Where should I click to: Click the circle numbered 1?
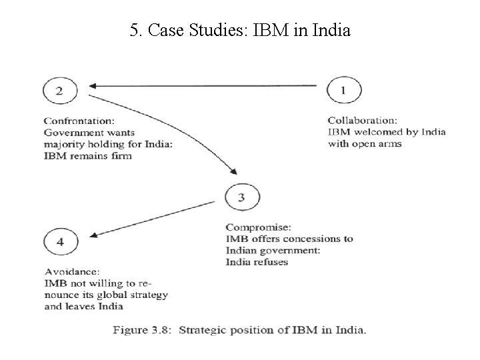(344, 91)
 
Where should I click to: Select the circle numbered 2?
(60, 91)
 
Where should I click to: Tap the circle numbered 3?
(242, 197)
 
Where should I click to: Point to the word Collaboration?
(362, 121)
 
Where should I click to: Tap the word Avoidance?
(72, 271)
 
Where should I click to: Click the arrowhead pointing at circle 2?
(94, 85)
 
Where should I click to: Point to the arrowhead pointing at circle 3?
(231, 169)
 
